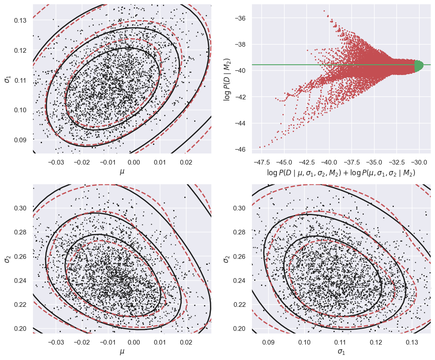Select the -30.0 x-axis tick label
pyautogui.click(x=419, y=162)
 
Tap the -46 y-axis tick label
pyautogui.click(x=240, y=150)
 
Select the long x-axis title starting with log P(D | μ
pyautogui.click(x=341, y=173)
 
